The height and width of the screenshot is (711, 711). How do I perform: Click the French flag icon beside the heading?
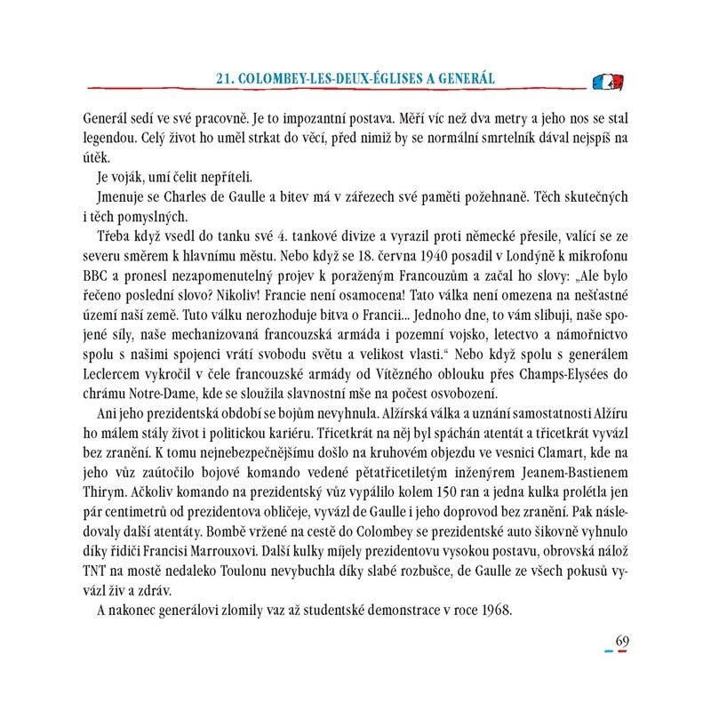coord(607,82)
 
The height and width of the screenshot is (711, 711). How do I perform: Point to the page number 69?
coord(622,643)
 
